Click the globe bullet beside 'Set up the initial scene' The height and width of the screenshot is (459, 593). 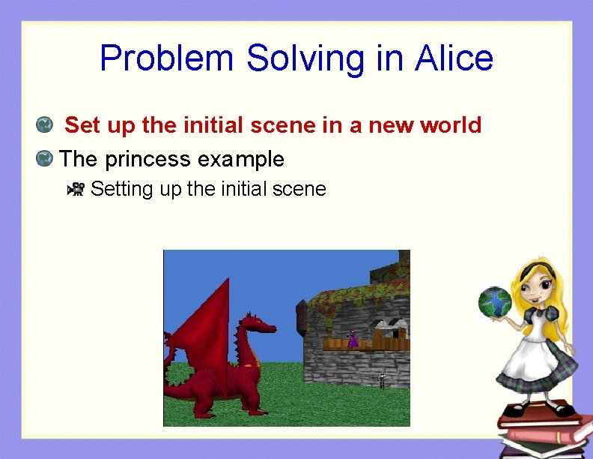[44, 124]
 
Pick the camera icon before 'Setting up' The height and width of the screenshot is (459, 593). [76, 189]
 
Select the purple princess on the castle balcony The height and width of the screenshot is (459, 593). [353, 339]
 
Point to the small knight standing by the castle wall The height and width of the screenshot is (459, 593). [382, 379]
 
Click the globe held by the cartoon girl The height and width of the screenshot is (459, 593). [494, 301]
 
